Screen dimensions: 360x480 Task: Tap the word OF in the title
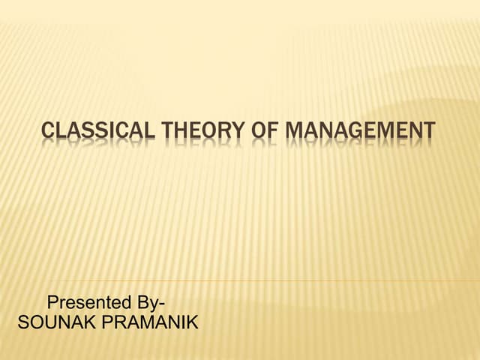[x=259, y=131]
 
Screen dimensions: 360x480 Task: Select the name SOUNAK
[x=49, y=323]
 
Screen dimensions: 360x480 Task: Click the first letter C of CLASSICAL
[x=48, y=131]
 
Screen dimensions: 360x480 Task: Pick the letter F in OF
[x=266, y=131]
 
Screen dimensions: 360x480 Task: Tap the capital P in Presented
[x=53, y=304]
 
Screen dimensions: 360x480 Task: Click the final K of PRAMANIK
[x=191, y=323]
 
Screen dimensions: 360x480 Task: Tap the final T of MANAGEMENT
[x=429, y=131]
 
